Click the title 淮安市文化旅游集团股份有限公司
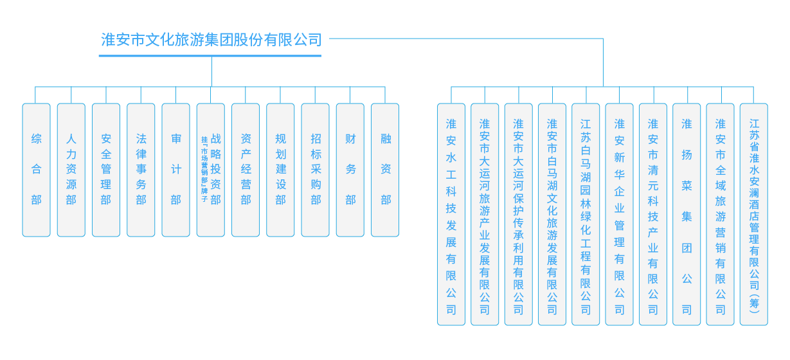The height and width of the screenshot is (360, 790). pyautogui.click(x=211, y=40)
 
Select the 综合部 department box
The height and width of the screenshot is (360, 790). pyautogui.click(x=36, y=170)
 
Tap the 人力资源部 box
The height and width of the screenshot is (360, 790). pyautogui.click(x=71, y=170)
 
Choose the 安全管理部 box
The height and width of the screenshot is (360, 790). pyautogui.click(x=106, y=170)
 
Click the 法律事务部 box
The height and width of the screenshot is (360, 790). pyautogui.click(x=141, y=170)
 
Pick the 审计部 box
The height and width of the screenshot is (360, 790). pyautogui.click(x=175, y=170)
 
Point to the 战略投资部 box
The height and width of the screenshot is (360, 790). pyautogui.click(x=211, y=170)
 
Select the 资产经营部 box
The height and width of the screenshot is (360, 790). pyautogui.click(x=246, y=170)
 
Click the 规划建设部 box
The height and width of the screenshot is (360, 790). pyautogui.click(x=280, y=170)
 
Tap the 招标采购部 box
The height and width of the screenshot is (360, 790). pyautogui.click(x=316, y=170)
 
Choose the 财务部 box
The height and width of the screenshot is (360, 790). pyautogui.click(x=350, y=170)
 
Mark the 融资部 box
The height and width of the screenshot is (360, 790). pyautogui.click(x=385, y=170)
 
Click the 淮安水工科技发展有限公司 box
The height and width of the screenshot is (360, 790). pyautogui.click(x=451, y=214)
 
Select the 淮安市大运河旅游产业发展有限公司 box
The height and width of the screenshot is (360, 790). pyautogui.click(x=485, y=214)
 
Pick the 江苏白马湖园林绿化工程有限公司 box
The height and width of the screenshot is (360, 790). pyautogui.click(x=586, y=214)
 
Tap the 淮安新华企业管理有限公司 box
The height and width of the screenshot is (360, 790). pyautogui.click(x=619, y=214)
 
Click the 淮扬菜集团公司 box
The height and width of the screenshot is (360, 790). pyautogui.click(x=687, y=214)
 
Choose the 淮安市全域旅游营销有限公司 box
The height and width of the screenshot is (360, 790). pyautogui.click(x=720, y=214)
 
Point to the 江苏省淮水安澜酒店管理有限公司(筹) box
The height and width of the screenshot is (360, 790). pyautogui.click(x=754, y=214)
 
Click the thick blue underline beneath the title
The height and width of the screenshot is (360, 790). pyautogui.click(x=210, y=56)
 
